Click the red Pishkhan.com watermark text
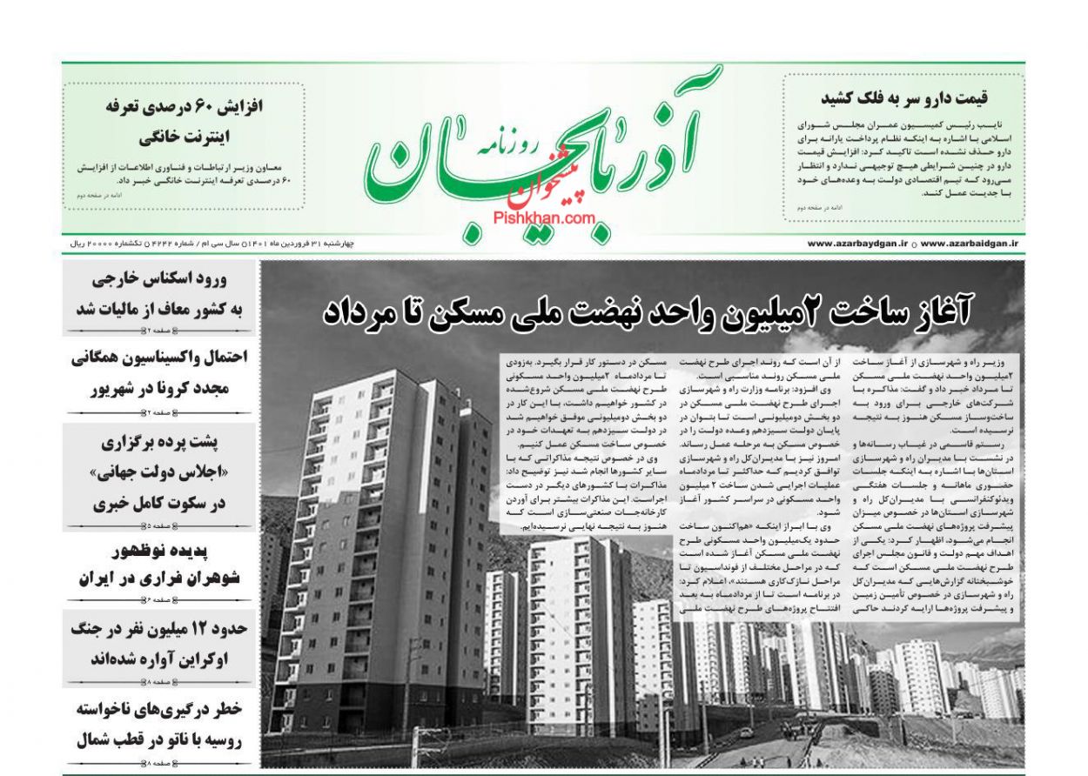click(x=545, y=219)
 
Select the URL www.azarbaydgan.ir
click(x=858, y=244)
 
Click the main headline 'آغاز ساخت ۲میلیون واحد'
click(x=648, y=311)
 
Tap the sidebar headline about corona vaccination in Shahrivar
click(x=160, y=373)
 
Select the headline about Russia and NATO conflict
click(x=160, y=725)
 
